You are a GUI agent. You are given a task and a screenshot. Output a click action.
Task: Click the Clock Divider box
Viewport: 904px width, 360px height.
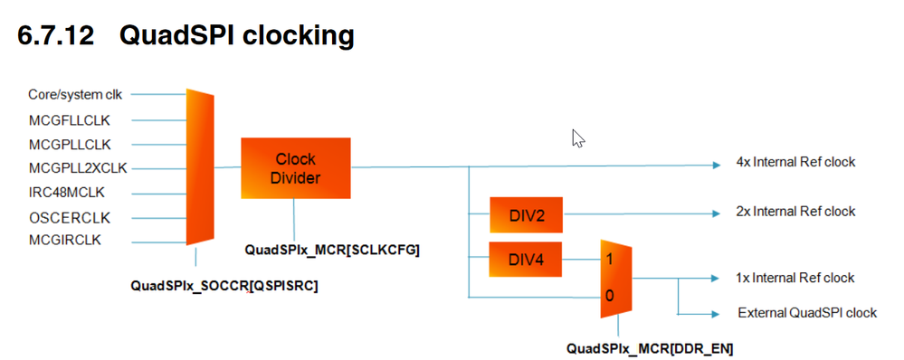tap(296, 168)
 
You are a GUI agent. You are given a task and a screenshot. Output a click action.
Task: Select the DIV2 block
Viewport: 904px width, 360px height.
tap(526, 215)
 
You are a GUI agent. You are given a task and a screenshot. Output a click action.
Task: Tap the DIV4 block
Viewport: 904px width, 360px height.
tap(525, 260)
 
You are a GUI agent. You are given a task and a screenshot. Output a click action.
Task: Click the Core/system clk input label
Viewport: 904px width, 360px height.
tap(75, 94)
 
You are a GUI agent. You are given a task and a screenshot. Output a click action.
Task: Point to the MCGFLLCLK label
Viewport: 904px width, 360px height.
tap(69, 120)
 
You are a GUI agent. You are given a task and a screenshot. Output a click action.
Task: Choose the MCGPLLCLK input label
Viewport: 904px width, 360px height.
tap(70, 144)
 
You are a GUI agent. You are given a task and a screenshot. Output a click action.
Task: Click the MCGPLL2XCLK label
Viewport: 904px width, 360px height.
tap(78, 168)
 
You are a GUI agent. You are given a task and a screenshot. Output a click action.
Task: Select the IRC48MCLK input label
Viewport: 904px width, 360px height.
tap(67, 192)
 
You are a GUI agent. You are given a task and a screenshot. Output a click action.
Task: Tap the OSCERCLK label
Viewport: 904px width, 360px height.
tap(69, 218)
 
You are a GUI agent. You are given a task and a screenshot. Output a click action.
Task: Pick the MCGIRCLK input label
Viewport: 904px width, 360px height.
tap(64, 241)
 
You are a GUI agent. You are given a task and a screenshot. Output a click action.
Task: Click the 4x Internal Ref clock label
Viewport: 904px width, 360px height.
tap(795, 162)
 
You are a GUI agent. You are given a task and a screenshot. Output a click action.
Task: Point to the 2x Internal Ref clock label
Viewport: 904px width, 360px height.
tap(795, 212)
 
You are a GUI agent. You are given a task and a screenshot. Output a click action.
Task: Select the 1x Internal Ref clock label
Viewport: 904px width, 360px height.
tap(795, 278)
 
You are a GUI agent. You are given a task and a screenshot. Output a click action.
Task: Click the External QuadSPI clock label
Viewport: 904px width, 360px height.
tap(807, 313)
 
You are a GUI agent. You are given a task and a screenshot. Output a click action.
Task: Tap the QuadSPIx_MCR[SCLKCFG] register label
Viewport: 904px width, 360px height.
tap(332, 250)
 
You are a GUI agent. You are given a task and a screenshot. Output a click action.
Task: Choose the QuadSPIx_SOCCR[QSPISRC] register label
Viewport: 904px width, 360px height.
tap(224, 286)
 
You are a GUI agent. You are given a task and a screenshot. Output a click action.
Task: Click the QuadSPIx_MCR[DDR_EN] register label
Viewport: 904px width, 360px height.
tap(650, 348)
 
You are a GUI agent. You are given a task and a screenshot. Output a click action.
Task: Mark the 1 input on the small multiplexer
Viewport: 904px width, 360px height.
tap(609, 260)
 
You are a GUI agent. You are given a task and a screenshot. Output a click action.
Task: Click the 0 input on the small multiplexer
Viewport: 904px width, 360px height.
tap(609, 297)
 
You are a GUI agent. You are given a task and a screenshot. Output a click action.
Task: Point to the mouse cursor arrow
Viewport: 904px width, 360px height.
tap(578, 138)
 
